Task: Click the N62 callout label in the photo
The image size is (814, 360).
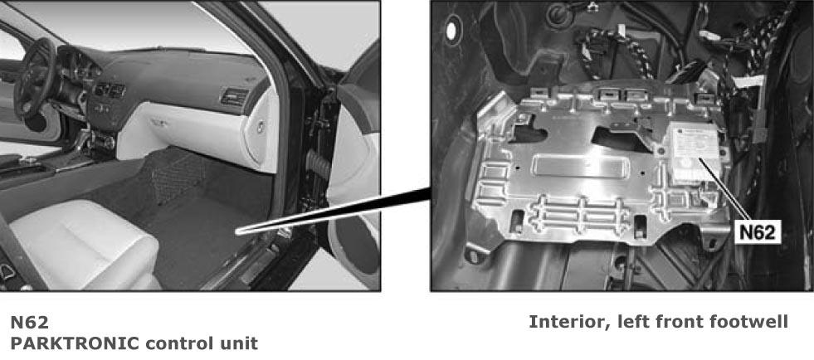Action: click(758, 232)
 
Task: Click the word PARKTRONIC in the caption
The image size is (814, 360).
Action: click(76, 343)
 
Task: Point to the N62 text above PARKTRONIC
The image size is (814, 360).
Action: click(30, 322)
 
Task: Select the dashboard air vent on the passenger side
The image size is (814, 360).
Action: click(235, 96)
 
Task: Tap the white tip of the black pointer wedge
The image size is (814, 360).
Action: click(239, 231)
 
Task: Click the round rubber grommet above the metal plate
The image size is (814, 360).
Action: click(559, 16)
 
